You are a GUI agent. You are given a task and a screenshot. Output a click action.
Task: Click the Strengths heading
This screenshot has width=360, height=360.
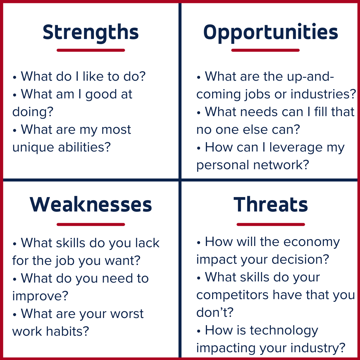click(91, 32)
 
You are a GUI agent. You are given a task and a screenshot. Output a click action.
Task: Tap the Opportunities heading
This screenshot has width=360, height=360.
click(271, 32)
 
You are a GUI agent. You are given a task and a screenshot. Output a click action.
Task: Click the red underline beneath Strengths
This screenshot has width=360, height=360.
click(91, 50)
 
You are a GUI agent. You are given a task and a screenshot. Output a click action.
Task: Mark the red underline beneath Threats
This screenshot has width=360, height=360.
click(271, 224)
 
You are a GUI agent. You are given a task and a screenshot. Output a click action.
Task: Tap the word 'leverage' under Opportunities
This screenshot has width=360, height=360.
click(300, 147)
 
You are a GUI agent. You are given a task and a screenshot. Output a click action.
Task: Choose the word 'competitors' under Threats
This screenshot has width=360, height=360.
click(232, 295)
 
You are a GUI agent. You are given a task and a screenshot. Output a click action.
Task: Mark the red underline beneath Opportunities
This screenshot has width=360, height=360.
click(265, 50)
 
